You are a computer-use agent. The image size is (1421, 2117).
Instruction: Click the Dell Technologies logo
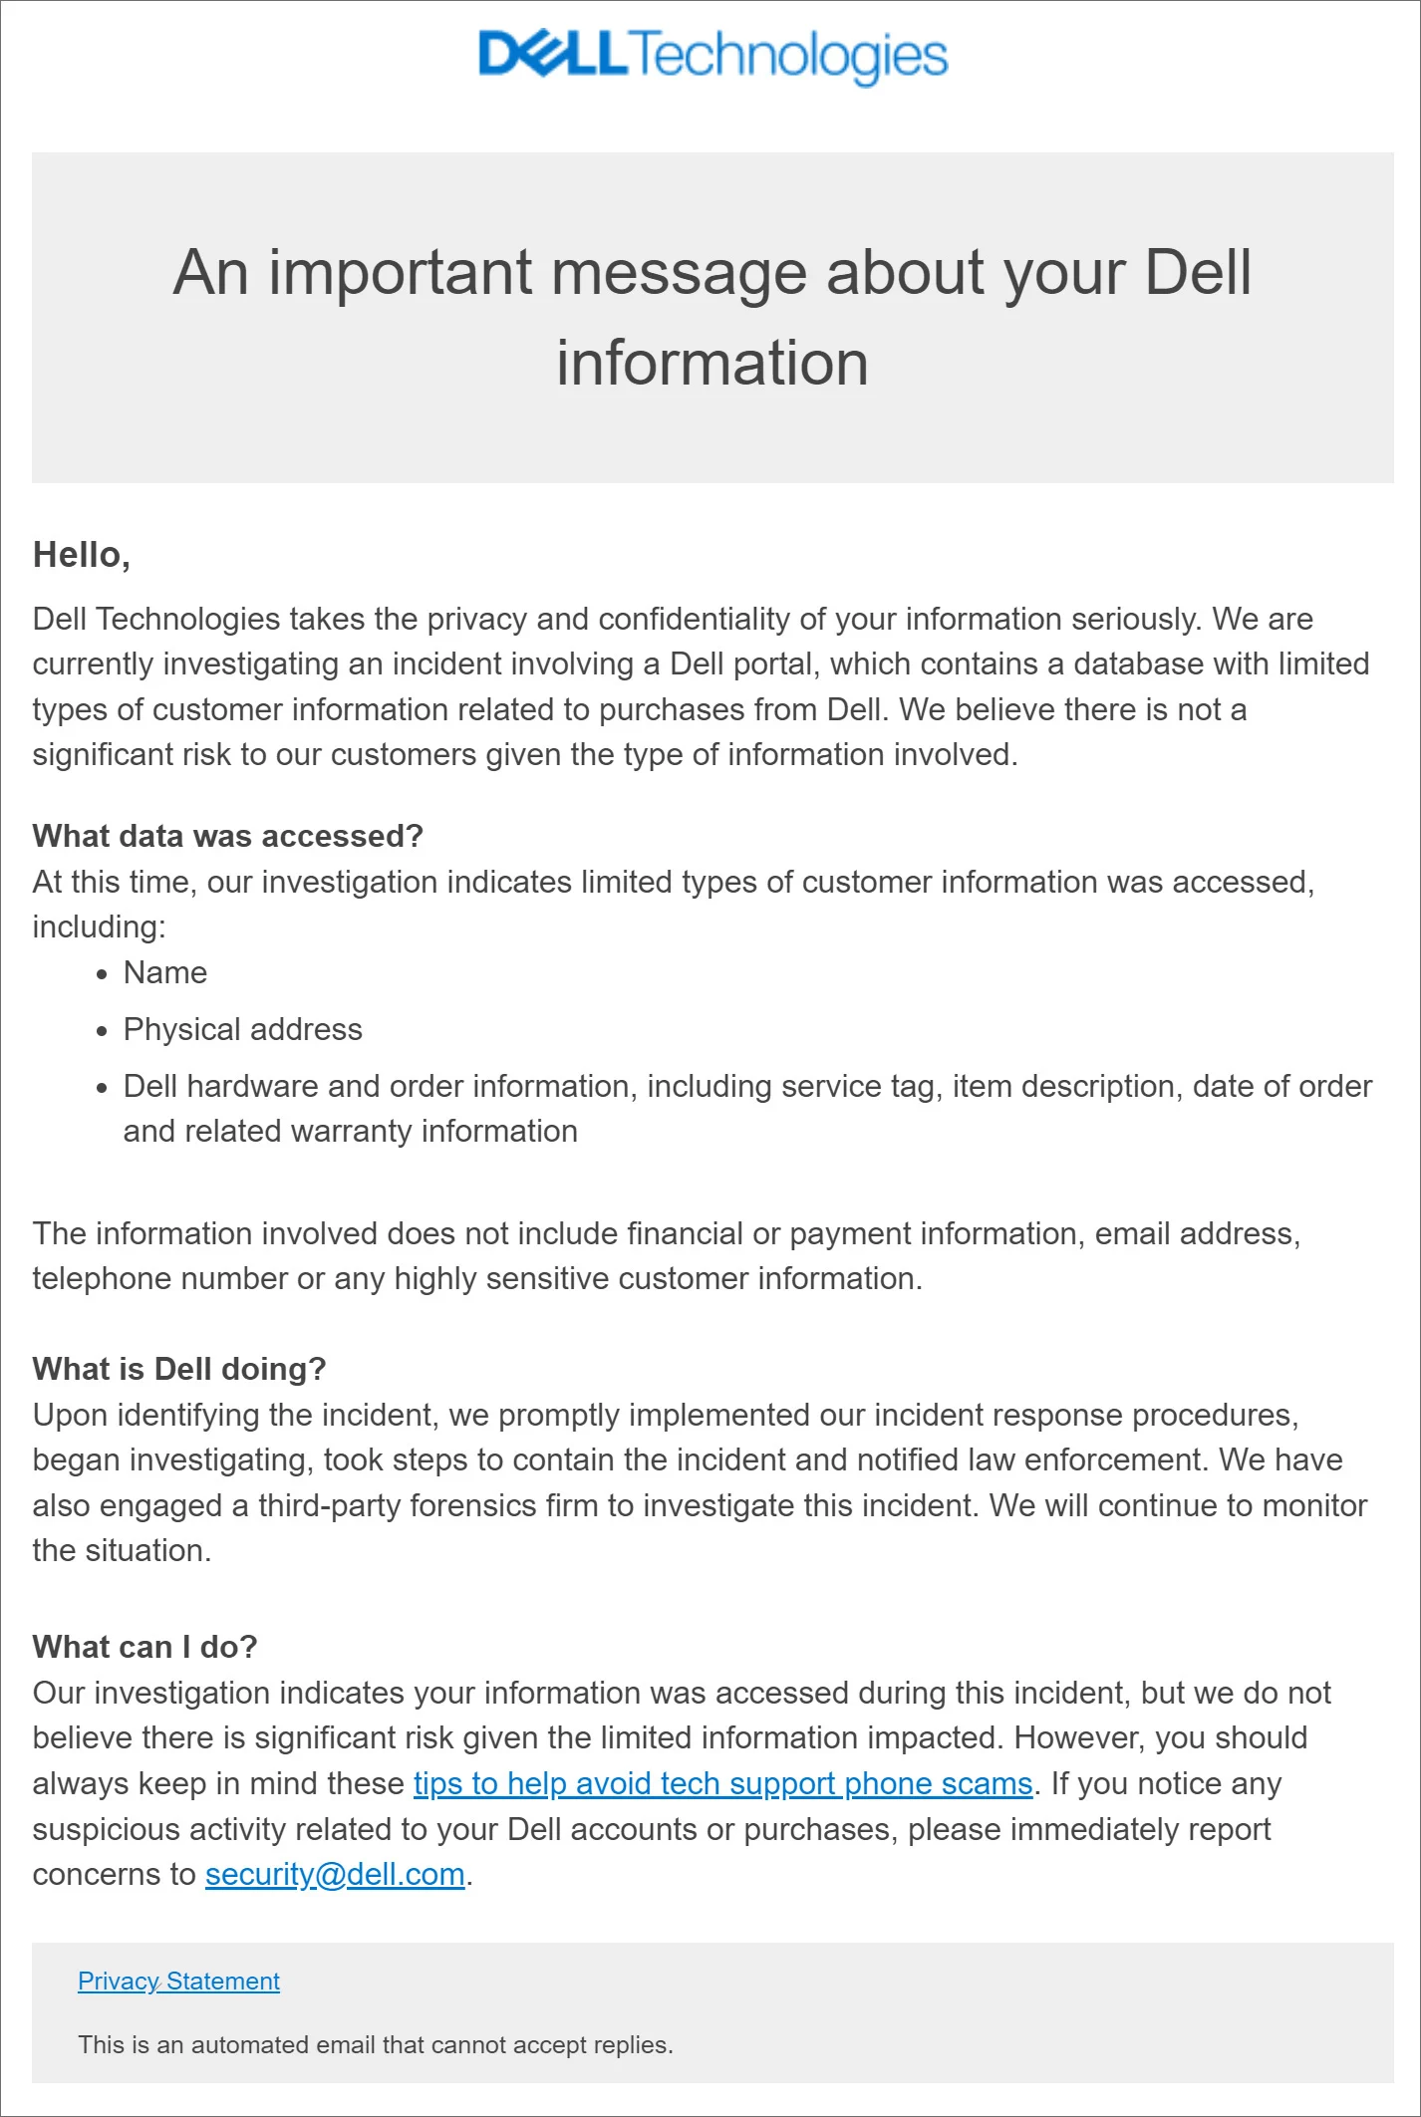712,56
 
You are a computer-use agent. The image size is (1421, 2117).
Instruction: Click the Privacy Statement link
178,1981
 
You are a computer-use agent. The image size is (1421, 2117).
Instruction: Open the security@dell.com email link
335,1874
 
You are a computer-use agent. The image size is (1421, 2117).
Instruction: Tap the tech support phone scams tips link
722,1783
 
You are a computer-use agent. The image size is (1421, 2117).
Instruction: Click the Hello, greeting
82,555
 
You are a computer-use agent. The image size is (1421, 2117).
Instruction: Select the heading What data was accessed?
228,836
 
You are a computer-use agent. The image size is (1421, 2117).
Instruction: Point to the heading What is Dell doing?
179,1369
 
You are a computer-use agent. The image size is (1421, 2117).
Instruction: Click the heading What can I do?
144,1647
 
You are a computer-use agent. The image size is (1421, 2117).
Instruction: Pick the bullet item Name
165,972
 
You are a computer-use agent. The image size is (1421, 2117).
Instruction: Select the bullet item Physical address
242,1029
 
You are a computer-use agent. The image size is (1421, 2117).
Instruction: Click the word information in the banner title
712,363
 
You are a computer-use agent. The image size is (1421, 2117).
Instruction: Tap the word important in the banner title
400,272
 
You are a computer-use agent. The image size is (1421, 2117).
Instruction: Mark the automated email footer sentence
376,2044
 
